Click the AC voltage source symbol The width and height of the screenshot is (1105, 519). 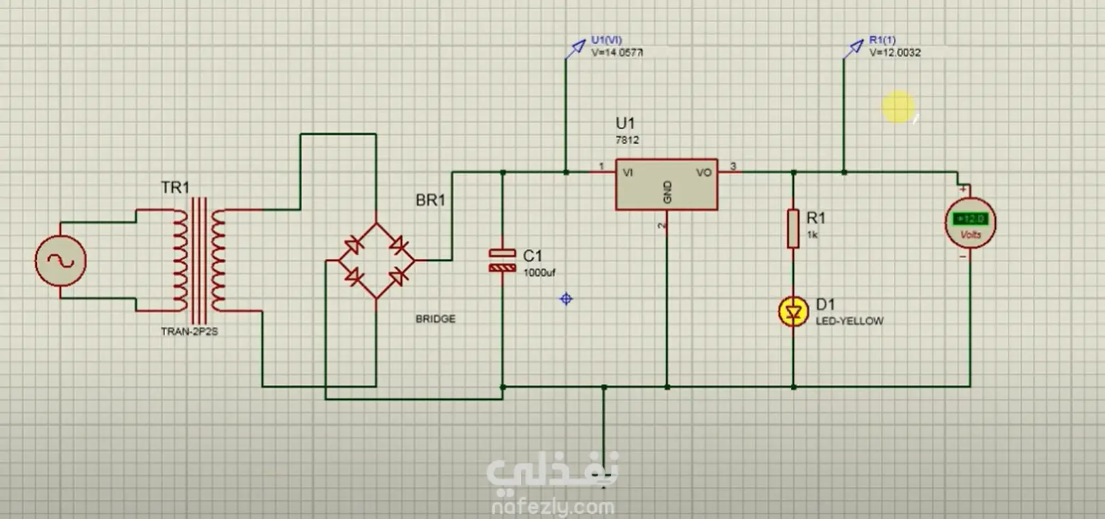[x=60, y=260]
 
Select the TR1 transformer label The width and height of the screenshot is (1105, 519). [x=176, y=188]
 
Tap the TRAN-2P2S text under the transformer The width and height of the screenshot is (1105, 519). [x=189, y=330]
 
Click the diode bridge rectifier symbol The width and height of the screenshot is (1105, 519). [x=376, y=260]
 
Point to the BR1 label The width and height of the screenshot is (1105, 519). [x=430, y=201]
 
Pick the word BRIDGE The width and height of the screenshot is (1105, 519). [x=435, y=319]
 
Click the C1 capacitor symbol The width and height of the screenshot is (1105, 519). [x=502, y=260]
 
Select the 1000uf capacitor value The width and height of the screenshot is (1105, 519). [x=540, y=272]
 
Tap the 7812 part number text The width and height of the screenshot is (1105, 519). [x=627, y=140]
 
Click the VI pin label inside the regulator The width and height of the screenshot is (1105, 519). [x=628, y=172]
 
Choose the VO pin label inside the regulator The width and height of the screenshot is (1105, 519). [x=704, y=172]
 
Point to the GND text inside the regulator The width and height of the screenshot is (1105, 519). [x=667, y=191]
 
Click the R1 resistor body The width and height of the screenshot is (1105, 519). [x=793, y=228]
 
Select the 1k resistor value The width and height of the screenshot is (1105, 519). [x=812, y=235]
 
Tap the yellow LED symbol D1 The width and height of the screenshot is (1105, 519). [x=793, y=312]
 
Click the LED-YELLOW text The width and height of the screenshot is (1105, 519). [x=849, y=321]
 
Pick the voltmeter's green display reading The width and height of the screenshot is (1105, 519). [x=970, y=220]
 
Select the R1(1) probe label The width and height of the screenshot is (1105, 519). [x=882, y=40]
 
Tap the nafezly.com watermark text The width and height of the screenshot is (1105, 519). [x=553, y=507]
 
